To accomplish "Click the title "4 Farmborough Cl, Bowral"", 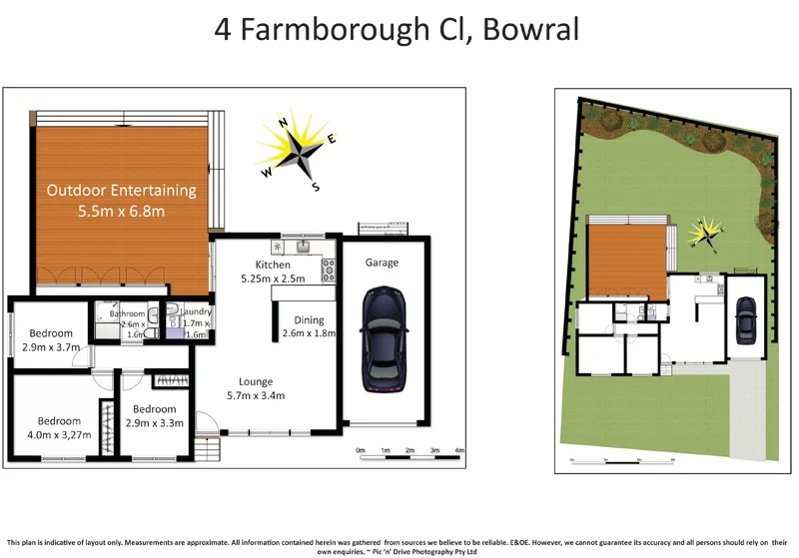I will (397, 29).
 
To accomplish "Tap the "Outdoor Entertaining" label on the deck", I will (122, 191).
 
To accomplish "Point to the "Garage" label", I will (381, 263).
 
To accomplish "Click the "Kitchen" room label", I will (273, 265).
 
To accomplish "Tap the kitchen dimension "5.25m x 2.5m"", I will (273, 279).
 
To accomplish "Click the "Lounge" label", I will (256, 380).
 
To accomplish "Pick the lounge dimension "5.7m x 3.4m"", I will (256, 395).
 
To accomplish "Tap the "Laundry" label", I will (196, 312).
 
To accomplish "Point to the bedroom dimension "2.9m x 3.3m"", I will (154, 423).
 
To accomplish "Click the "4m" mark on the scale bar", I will (459, 451).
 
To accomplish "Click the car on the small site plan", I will (744, 319).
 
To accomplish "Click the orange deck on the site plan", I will (626, 258).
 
